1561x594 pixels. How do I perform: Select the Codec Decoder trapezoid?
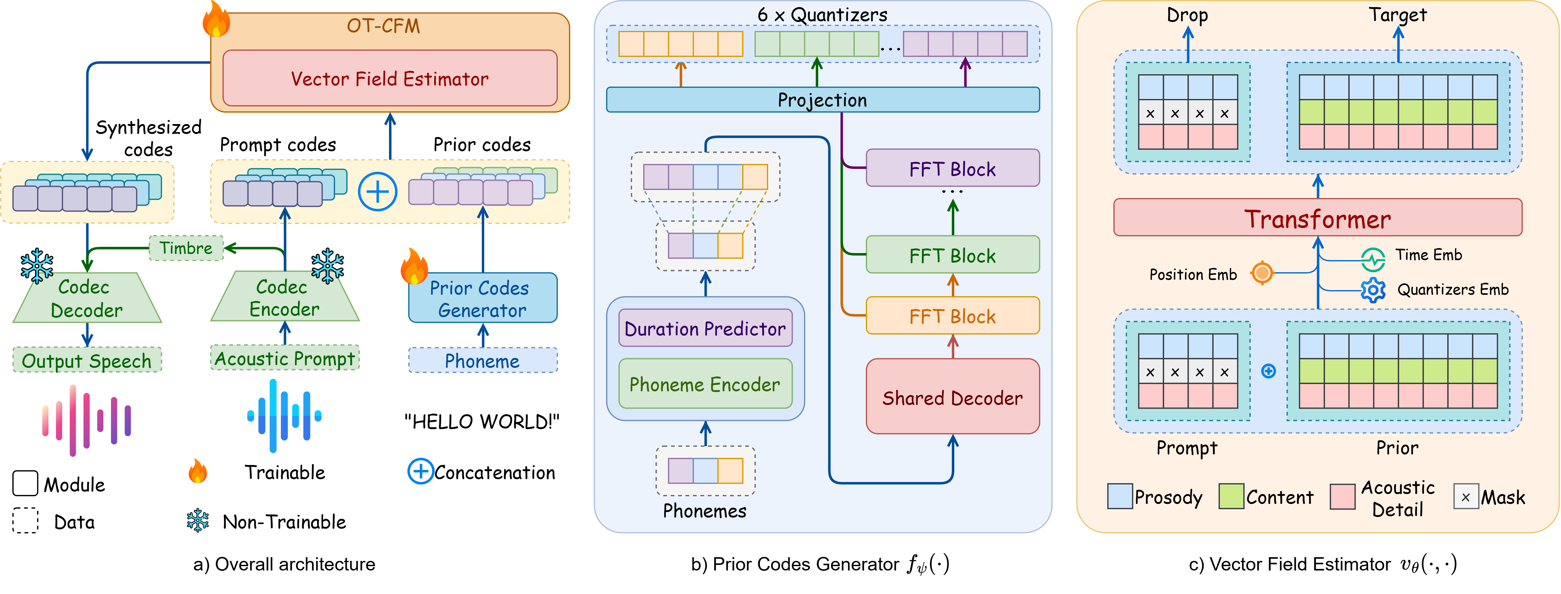[87, 298]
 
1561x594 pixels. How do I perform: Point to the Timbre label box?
[186, 248]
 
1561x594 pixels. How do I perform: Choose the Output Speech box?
[87, 360]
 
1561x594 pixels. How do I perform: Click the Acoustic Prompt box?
[284, 358]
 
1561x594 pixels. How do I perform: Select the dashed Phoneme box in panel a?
[482, 361]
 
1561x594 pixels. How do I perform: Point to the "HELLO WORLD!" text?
[482, 421]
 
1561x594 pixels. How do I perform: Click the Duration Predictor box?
[705, 329]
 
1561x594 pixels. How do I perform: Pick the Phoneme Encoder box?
[705, 384]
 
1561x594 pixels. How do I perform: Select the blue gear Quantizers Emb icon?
[1373, 290]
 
